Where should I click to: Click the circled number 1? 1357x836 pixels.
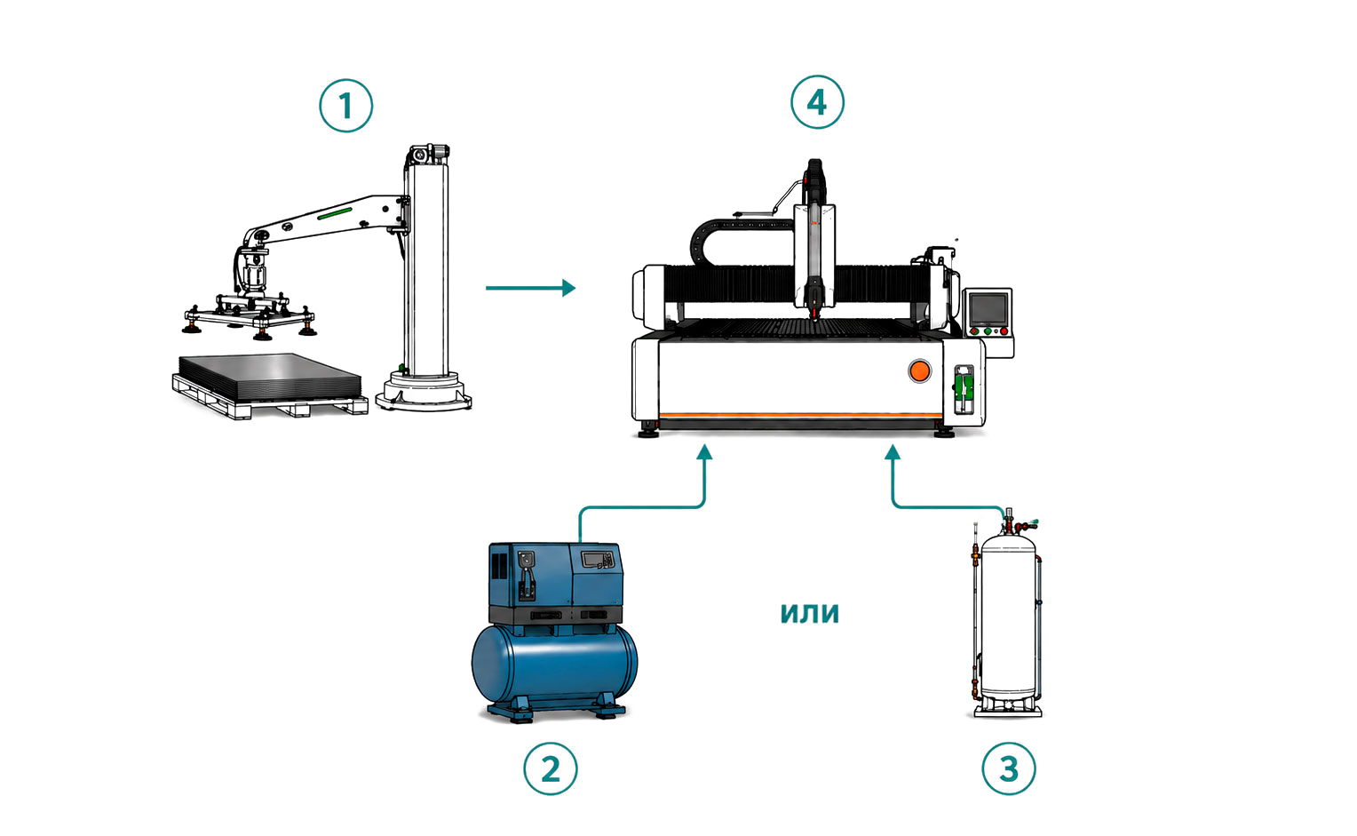coord(346,106)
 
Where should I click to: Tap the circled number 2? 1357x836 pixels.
coord(550,768)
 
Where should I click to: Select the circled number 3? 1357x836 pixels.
coord(1009,768)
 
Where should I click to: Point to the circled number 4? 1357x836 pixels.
coord(817,102)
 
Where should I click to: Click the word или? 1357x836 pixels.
coord(809,613)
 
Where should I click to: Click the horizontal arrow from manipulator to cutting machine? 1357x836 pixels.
coord(531,288)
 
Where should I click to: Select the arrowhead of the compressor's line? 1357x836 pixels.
coord(704,452)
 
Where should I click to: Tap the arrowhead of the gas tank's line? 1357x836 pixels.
coord(893,452)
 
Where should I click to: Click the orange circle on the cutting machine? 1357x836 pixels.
coord(919,371)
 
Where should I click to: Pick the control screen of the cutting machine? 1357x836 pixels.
coord(988,309)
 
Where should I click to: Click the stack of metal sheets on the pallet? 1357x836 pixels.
coord(270,377)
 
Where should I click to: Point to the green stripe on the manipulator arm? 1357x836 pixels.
coord(335,213)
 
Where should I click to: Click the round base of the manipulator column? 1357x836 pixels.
coord(424,392)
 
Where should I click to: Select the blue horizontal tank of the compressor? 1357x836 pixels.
coord(554,664)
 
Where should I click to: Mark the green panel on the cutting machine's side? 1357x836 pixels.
coord(964,387)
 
